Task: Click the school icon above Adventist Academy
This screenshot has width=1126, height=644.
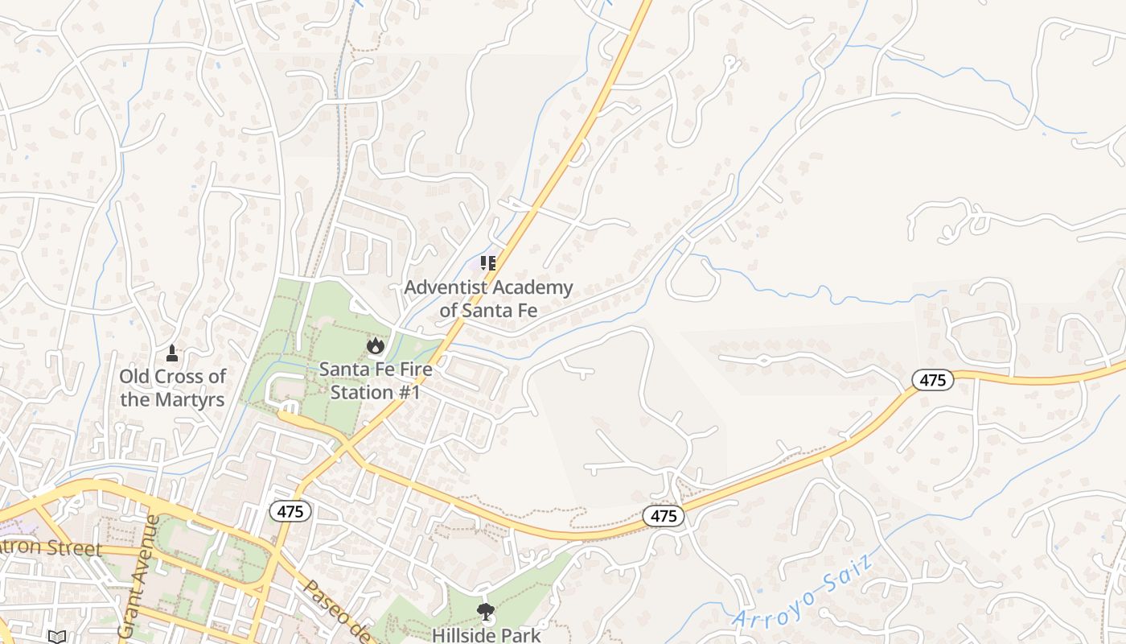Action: coord(488,263)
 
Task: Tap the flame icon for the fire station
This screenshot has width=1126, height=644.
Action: coord(375,345)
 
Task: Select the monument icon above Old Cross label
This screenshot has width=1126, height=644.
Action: coord(171,353)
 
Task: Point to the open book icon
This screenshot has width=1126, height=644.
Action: coord(56,637)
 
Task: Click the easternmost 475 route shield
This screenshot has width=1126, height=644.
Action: coord(932,380)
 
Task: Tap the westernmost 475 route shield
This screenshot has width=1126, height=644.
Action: coord(290,511)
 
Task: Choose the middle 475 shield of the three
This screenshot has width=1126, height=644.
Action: coord(664,516)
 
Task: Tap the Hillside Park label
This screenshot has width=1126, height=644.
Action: coord(486,634)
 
